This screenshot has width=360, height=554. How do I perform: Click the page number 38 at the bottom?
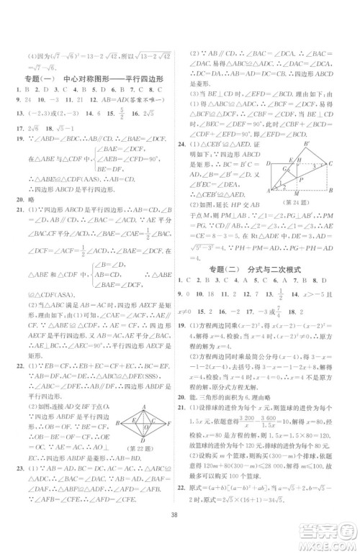(x=180, y=536)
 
